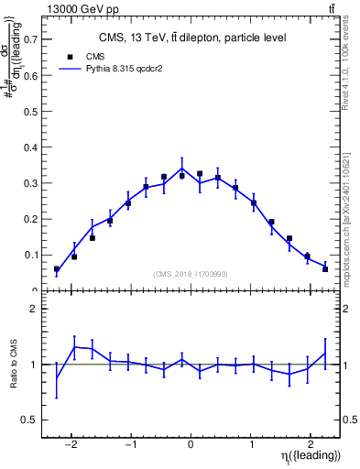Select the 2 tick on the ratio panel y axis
pyautogui.click(x=34, y=309)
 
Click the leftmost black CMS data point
pyautogui.click(x=57, y=269)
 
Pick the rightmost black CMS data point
pyautogui.click(x=325, y=268)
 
